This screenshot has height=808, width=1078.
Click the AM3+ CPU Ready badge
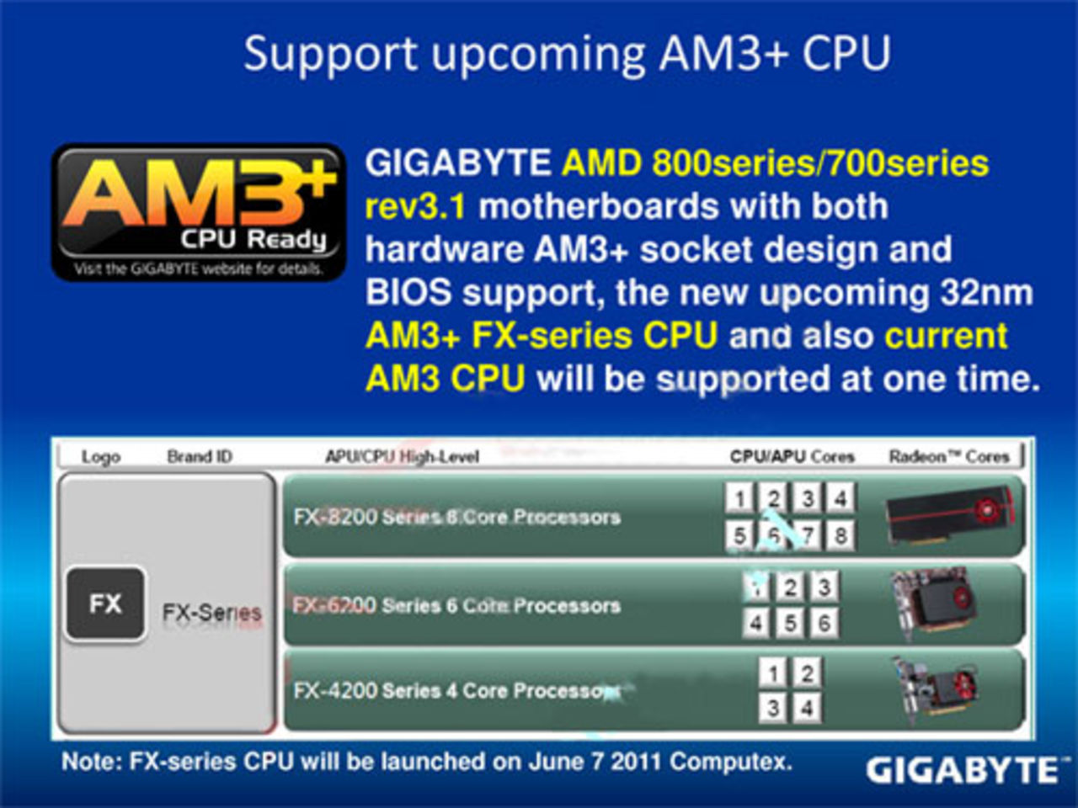pyautogui.click(x=199, y=212)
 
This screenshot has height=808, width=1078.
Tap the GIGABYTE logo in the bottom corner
pyautogui.click(x=963, y=770)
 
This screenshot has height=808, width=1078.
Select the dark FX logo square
pyautogui.click(x=105, y=603)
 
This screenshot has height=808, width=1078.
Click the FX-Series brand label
pyautogui.click(x=211, y=613)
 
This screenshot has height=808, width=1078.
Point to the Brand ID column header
pyautogui.click(x=200, y=456)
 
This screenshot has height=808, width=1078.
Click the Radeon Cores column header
pyautogui.click(x=949, y=456)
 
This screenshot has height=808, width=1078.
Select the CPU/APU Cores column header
pyautogui.click(x=792, y=456)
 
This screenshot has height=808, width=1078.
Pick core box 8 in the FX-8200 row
pyautogui.click(x=840, y=535)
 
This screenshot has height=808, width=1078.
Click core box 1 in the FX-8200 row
pyautogui.click(x=739, y=498)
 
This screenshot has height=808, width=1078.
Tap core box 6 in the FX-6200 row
pyautogui.click(x=823, y=623)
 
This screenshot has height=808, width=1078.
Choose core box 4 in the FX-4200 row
pyautogui.click(x=806, y=708)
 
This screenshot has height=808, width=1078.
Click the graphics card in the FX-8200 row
pyautogui.click(x=949, y=515)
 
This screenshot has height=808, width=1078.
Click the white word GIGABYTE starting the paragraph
pyautogui.click(x=458, y=163)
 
